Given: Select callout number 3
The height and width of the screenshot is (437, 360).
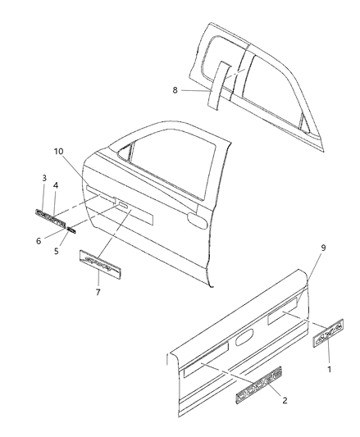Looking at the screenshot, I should [x=44, y=177].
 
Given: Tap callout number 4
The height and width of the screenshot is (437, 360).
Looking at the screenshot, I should [x=56, y=186].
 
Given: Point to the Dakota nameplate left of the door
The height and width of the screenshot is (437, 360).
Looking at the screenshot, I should [x=52, y=214].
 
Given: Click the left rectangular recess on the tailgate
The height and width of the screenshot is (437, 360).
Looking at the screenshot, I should [x=206, y=354].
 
